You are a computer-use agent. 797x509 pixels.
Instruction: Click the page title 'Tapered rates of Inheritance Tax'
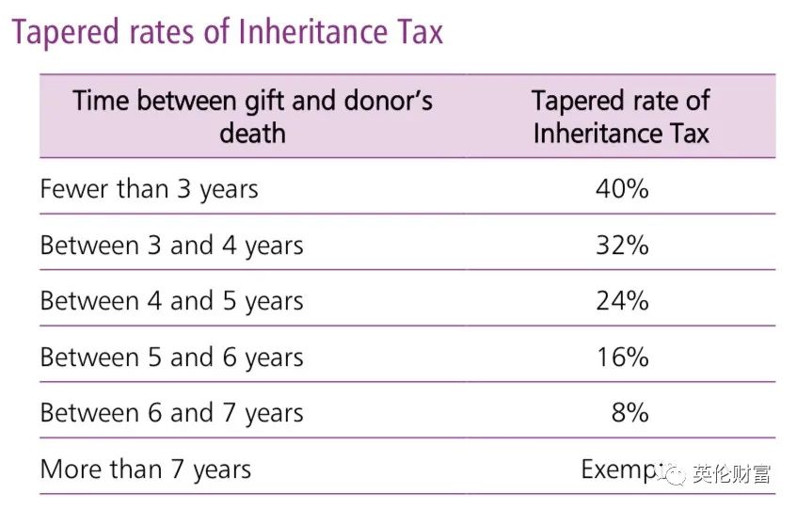pyautogui.click(x=227, y=32)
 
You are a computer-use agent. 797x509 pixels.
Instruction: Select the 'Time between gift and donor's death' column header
pyautogui.click(x=252, y=116)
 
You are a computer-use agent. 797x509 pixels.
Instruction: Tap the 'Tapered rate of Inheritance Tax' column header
pyautogui.click(x=621, y=116)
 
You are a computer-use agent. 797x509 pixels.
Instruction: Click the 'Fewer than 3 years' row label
pyautogui.click(x=149, y=189)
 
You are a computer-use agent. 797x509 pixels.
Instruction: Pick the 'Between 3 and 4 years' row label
pyautogui.click(x=171, y=246)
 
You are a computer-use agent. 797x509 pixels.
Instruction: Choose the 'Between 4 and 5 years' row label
pyautogui.click(x=171, y=301)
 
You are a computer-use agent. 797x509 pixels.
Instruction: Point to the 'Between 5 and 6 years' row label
pyautogui.click(x=171, y=358)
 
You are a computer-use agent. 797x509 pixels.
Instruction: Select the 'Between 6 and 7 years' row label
pyautogui.click(x=171, y=413)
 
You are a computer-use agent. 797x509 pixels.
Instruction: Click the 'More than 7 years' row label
pyautogui.click(x=145, y=469)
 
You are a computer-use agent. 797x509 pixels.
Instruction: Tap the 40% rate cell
pyautogui.click(x=622, y=189)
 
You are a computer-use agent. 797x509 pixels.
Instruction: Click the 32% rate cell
pyautogui.click(x=622, y=246)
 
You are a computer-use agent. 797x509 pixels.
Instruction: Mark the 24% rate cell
pyautogui.click(x=622, y=301)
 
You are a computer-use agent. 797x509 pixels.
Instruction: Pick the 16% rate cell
pyautogui.click(x=622, y=358)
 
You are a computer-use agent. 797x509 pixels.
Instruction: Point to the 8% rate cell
pyautogui.click(x=630, y=413)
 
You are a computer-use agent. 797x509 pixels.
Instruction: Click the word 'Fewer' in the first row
pyautogui.click(x=74, y=189)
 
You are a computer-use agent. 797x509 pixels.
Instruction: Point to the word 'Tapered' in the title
pyautogui.click(x=65, y=32)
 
